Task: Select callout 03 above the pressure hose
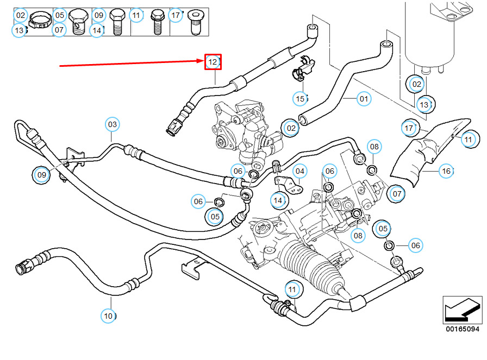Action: pos(112,125)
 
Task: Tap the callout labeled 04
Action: pos(300,172)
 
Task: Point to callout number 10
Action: pos(109,315)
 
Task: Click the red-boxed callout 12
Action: pos(212,62)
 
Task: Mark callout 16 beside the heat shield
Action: pos(446,172)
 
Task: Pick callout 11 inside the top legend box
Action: pos(136,15)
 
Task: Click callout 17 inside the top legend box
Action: pos(175,15)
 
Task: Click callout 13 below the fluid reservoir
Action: pos(424,104)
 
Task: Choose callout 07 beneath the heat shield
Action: pos(396,193)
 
